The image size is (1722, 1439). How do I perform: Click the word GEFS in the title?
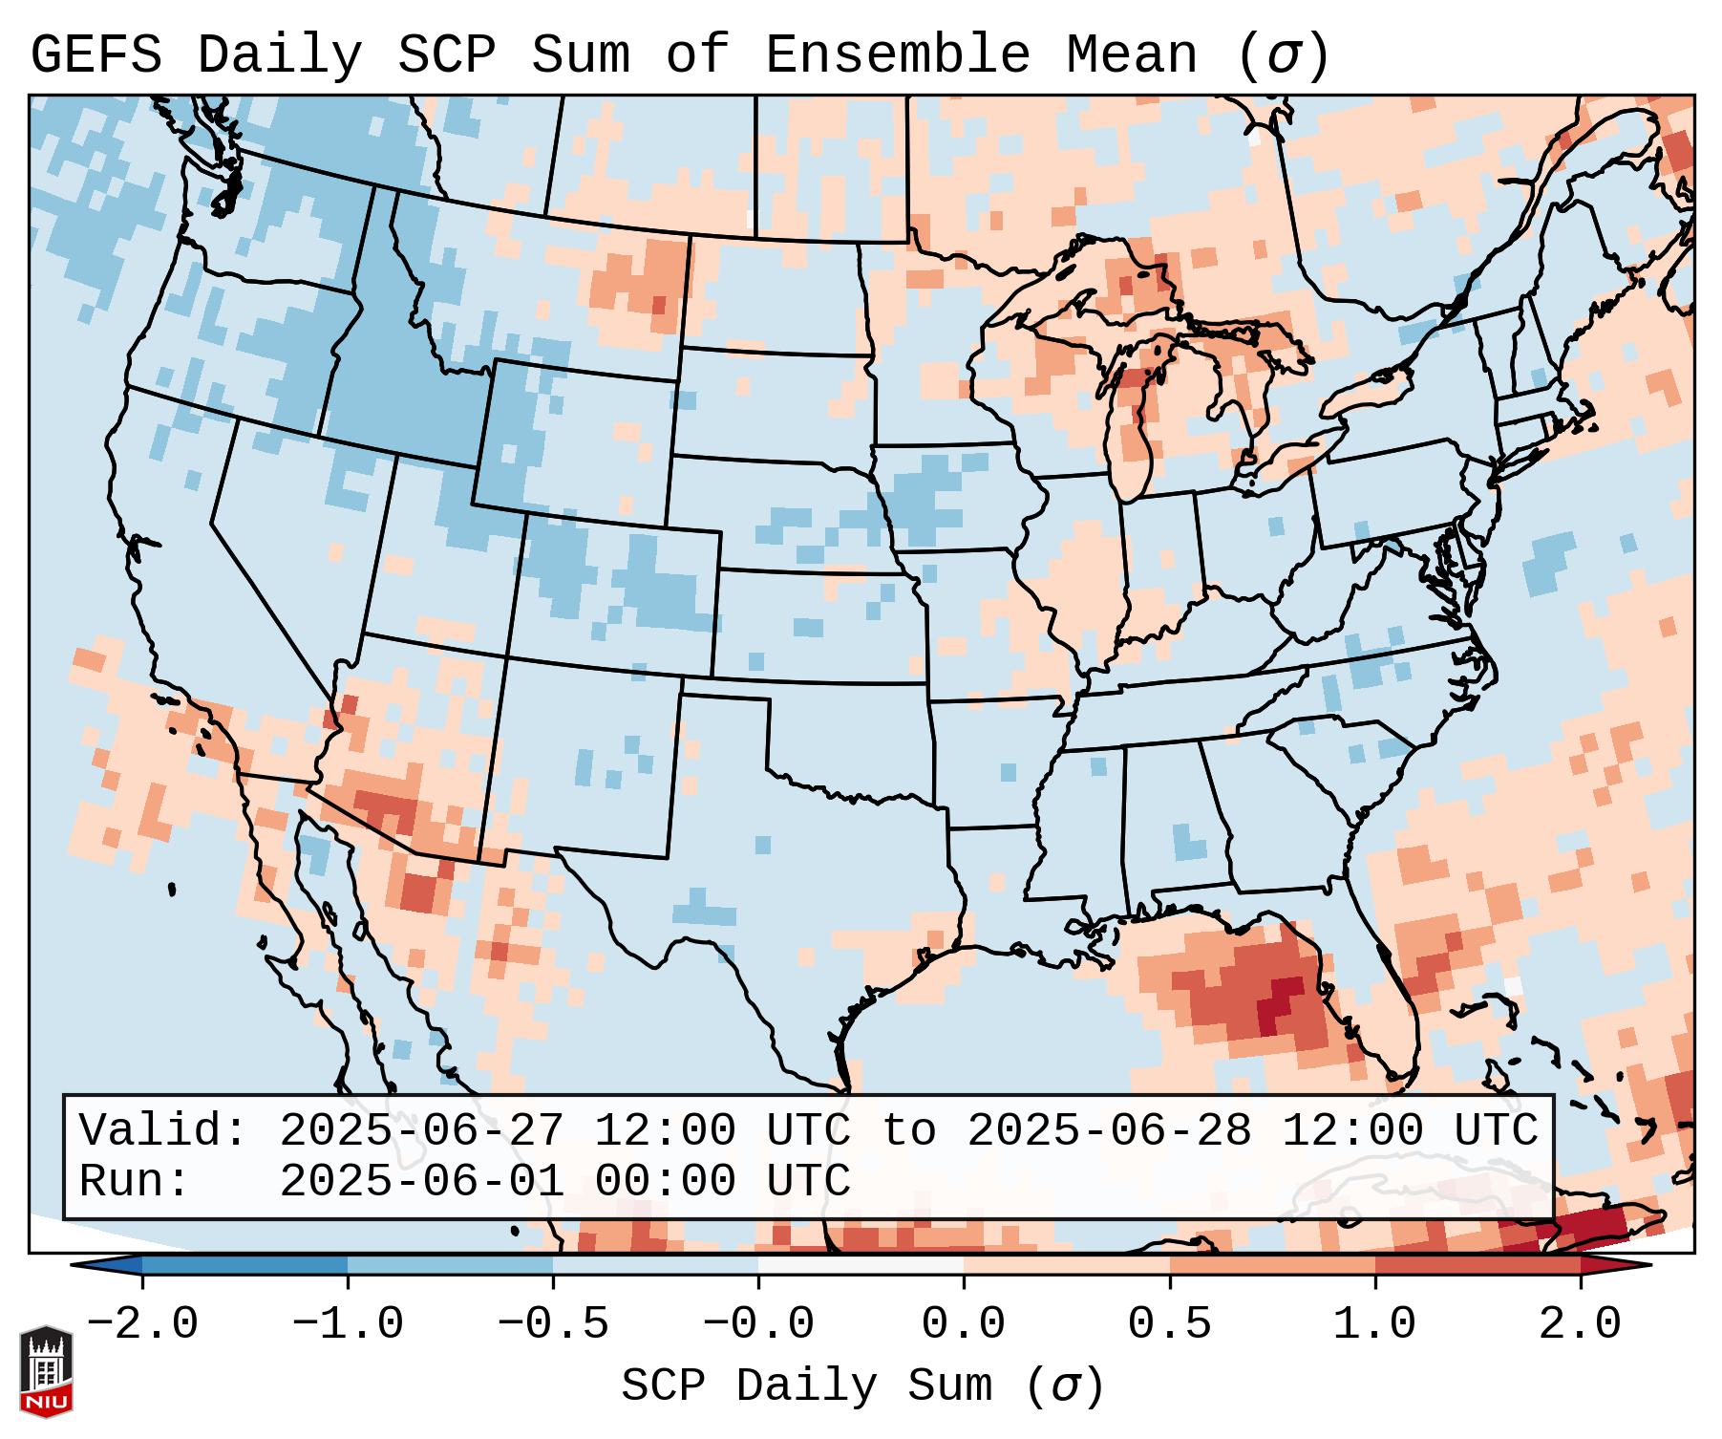pyautogui.click(x=96, y=55)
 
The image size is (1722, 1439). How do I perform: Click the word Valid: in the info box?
pyautogui.click(x=163, y=1131)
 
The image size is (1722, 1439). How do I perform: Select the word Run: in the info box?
pyautogui.click(x=134, y=1182)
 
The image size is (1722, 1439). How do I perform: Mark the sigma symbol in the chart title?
pyautogui.click(x=1284, y=55)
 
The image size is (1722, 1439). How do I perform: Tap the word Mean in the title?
pyautogui.click(x=1131, y=55)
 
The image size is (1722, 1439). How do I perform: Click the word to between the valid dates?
pyautogui.click(x=908, y=1131)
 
